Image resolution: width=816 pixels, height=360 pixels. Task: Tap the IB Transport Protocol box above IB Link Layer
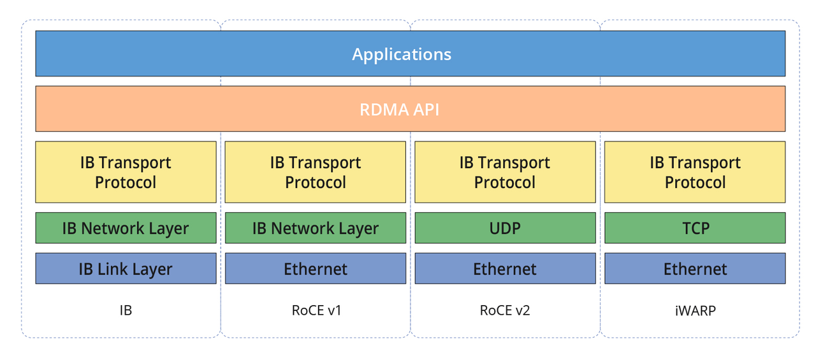coord(126,172)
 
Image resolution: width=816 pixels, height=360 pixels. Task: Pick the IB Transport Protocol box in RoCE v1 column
coord(315,172)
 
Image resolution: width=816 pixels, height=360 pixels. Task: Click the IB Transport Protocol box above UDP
coord(505,172)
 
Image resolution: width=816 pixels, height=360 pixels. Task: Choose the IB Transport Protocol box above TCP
coord(695,172)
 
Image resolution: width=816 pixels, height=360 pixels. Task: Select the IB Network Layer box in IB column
coord(126,228)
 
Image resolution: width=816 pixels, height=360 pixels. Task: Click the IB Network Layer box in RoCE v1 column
coord(315,228)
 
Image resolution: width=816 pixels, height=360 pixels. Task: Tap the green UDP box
coord(505,228)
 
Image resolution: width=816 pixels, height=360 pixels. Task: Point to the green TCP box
coord(695,228)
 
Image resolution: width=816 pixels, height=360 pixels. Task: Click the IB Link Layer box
coord(126,268)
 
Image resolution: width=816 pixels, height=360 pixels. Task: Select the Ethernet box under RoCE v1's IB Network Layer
coord(315,268)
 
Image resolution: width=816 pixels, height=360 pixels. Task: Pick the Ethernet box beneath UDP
coord(505,268)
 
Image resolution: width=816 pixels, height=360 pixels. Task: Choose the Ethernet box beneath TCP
coord(695,268)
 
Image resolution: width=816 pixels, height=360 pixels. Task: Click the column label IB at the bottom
coord(126,311)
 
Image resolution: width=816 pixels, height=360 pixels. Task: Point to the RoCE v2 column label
coord(505,311)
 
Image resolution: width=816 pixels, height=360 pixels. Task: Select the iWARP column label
coord(695,311)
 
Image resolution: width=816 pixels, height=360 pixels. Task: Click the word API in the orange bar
coord(424,110)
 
